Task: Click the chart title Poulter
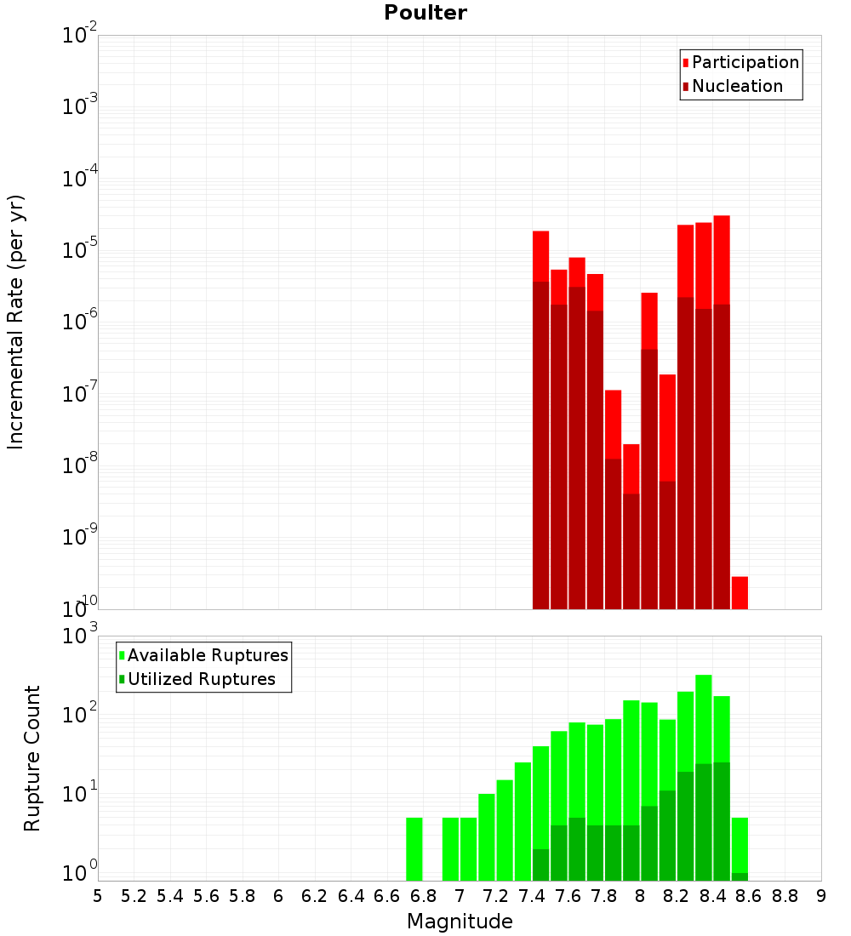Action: pyautogui.click(x=425, y=13)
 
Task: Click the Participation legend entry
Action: pyautogui.click(x=745, y=62)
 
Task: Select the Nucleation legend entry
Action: pyautogui.click(x=737, y=86)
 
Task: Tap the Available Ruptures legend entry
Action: pyautogui.click(x=207, y=655)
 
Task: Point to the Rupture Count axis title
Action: pyautogui.click(x=32, y=758)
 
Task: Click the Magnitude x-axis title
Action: pyautogui.click(x=460, y=921)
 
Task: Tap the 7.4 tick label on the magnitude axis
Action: pyautogui.click(x=532, y=895)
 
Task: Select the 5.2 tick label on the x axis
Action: pyautogui.click(x=134, y=895)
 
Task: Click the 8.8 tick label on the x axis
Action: pyautogui.click(x=785, y=895)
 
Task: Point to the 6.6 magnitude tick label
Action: pyautogui.click(x=387, y=895)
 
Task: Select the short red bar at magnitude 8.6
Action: pyautogui.click(x=740, y=593)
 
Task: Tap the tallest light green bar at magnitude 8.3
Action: pyautogui.click(x=704, y=723)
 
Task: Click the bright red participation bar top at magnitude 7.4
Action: pyautogui.click(x=540, y=255)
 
